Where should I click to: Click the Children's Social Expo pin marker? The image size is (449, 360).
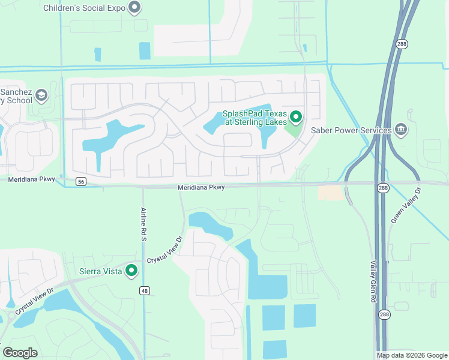click(x=135, y=8)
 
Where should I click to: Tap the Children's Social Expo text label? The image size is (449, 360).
click(x=85, y=8)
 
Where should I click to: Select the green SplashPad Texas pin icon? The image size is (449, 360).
click(x=295, y=116)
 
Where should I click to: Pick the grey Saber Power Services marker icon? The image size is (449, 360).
click(x=401, y=129)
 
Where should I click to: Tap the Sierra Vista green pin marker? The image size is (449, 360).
click(x=131, y=271)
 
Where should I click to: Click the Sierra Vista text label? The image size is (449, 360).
click(x=101, y=271)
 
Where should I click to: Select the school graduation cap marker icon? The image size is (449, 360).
click(x=41, y=95)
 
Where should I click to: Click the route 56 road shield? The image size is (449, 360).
click(x=81, y=181)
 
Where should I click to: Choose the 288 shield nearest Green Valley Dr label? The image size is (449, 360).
click(x=384, y=188)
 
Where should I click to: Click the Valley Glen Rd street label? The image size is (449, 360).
click(x=373, y=281)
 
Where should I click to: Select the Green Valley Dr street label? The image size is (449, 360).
click(x=406, y=206)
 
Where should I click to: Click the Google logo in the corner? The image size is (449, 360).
click(x=20, y=353)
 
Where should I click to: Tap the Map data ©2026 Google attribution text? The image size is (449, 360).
click(x=412, y=355)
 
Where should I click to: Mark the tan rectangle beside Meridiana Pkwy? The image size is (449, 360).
click(x=330, y=193)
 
